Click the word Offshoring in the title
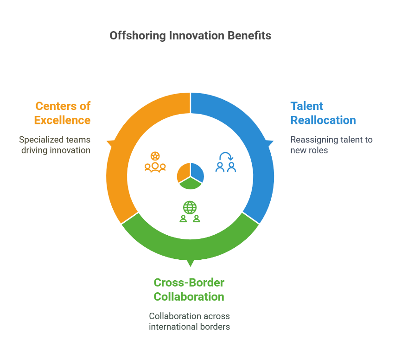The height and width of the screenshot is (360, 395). click(138, 36)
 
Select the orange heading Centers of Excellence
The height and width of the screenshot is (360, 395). click(63, 113)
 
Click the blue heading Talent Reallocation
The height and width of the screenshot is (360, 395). click(323, 113)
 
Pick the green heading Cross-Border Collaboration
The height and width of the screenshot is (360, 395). click(189, 289)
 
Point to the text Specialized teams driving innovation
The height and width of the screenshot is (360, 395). click(55, 145)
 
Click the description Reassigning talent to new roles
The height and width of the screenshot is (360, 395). click(331, 145)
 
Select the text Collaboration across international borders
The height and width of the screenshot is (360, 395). click(190, 321)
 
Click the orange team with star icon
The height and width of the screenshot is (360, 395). click(155, 162)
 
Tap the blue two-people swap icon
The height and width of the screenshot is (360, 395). click(226, 162)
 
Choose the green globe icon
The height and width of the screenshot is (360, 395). click(190, 207)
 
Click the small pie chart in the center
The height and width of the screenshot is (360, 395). click(191, 176)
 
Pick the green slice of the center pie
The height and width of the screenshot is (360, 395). click(191, 184)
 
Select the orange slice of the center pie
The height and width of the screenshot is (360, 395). click(184, 172)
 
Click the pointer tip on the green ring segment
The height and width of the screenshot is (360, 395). click(191, 266)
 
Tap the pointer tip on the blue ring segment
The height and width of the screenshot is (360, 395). click(274, 141)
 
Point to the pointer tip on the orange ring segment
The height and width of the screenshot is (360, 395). click(107, 141)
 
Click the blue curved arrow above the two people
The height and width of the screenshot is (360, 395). click(226, 156)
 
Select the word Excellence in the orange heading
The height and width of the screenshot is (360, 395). click(63, 120)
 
